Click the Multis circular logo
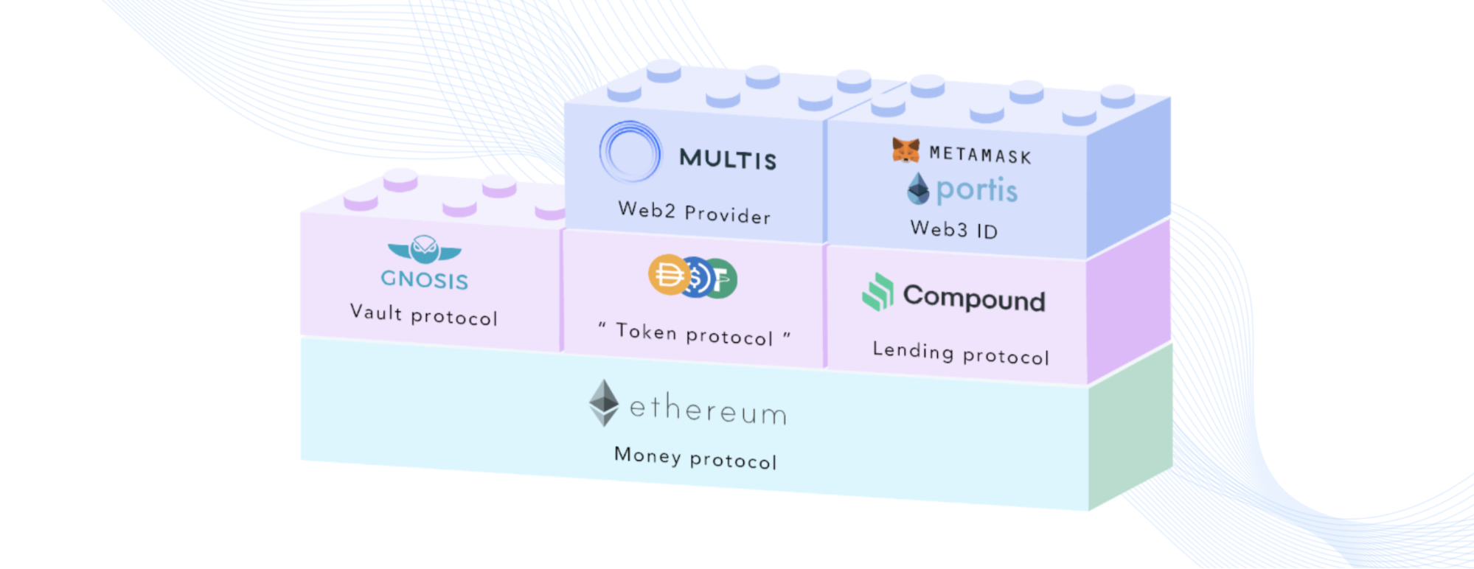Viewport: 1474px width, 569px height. coord(630,152)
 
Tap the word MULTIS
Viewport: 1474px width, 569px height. coord(728,158)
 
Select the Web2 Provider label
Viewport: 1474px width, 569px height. coord(694,212)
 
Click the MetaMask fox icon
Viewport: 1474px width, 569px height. coord(905,150)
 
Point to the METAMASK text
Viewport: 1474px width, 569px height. coord(980,154)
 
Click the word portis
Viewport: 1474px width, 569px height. coord(977,190)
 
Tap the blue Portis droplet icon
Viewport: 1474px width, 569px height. coord(918,189)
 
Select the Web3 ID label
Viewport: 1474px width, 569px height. coord(953,229)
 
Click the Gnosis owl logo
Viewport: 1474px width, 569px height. coord(425,249)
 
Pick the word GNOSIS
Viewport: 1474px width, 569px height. coord(425,279)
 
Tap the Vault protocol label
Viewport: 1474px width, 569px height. coord(424,315)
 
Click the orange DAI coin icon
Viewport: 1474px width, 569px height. coord(668,275)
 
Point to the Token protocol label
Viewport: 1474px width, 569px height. coord(694,334)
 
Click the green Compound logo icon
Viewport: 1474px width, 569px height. coord(877,292)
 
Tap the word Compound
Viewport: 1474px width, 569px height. coord(974,298)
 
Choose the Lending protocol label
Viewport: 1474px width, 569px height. coord(960,352)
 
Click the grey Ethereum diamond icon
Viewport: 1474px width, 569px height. coord(604,402)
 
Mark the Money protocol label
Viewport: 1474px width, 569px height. coord(695,458)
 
